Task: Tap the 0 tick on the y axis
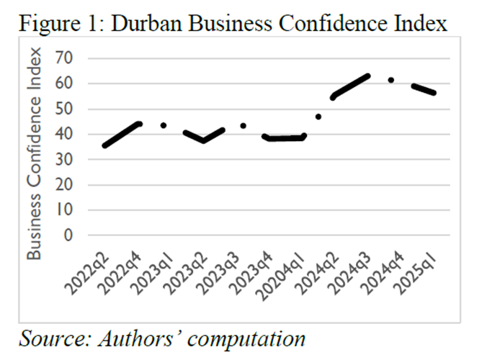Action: click(x=70, y=235)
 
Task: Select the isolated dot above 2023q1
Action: click(x=164, y=125)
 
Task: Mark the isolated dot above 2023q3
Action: click(x=244, y=125)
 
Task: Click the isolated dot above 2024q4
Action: click(x=391, y=80)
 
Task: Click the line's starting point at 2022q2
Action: click(x=105, y=145)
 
